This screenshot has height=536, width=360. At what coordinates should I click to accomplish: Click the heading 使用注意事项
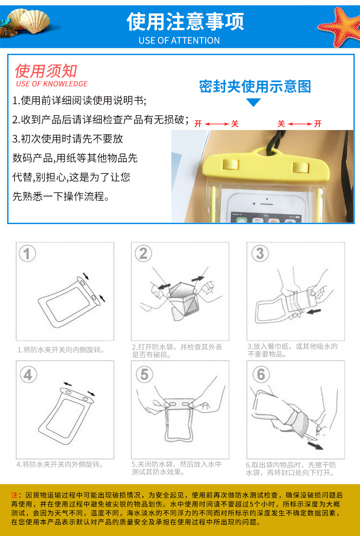[x=185, y=22]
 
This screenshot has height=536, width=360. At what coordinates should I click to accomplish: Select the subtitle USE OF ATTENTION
[x=179, y=40]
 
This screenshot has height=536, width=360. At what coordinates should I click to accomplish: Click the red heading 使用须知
[x=46, y=71]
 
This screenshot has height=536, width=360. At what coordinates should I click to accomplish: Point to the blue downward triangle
[x=253, y=102]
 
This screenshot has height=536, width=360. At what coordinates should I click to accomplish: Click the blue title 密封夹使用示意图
[x=255, y=87]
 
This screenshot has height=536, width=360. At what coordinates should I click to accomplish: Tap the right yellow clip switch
[x=300, y=167]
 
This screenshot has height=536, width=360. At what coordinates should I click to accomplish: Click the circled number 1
[x=27, y=254]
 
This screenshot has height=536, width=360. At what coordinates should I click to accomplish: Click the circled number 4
[x=28, y=375]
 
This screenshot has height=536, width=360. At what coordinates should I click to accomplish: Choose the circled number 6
[x=261, y=375]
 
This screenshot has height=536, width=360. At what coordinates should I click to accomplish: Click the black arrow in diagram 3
[x=314, y=311]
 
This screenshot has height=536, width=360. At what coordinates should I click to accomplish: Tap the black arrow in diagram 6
[x=315, y=445]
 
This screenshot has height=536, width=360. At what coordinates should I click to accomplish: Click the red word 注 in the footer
[x=14, y=495]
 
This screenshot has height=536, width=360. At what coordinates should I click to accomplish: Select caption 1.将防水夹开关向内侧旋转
[x=61, y=350]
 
